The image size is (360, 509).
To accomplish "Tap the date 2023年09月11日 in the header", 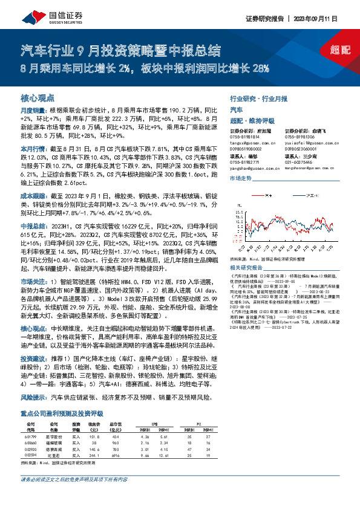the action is pos(324,19).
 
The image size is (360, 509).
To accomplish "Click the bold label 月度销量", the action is pos(33,111).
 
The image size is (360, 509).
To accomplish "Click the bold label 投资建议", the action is pos(33,358).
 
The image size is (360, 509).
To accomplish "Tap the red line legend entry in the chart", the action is pos(262,196).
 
